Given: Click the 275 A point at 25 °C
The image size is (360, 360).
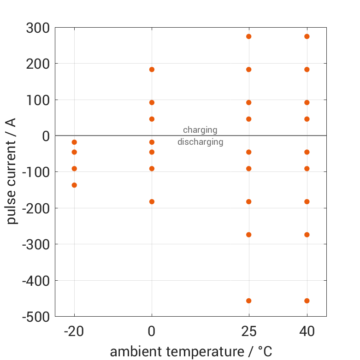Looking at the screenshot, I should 249,36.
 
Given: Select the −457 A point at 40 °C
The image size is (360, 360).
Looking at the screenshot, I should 307,301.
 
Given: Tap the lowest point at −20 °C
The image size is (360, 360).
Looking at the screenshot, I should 74,185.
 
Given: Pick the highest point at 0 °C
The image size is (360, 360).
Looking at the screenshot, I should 152,70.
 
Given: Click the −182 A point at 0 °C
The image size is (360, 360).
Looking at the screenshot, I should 152,201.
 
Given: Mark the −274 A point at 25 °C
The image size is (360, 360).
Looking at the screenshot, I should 249,235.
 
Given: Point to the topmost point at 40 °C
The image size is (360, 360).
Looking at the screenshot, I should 307,36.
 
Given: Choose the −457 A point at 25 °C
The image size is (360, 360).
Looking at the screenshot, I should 249,301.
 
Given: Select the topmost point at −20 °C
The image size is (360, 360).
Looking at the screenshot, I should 74,142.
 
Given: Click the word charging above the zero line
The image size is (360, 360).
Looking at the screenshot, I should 200,130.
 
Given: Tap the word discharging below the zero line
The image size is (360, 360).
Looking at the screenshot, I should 200,142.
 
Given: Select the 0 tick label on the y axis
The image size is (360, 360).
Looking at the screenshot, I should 45,136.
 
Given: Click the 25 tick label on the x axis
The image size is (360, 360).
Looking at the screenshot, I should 249,331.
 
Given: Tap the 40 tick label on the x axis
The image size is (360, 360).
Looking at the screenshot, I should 307,331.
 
